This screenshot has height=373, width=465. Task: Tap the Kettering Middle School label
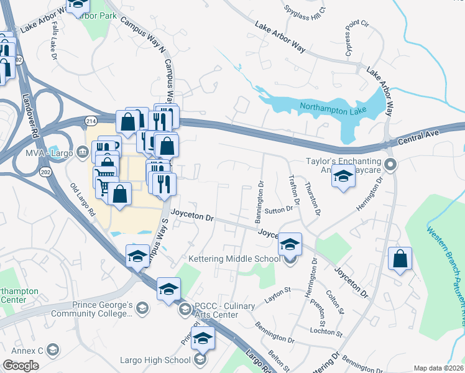click(x=234, y=259)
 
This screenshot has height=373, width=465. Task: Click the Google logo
click(x=21, y=365)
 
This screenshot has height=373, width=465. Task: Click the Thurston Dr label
click(x=312, y=198)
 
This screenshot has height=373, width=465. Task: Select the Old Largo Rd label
click(x=82, y=199)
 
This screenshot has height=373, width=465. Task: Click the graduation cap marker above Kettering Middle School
click(x=290, y=243)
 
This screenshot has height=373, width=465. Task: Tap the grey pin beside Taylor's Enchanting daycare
click(x=390, y=165)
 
